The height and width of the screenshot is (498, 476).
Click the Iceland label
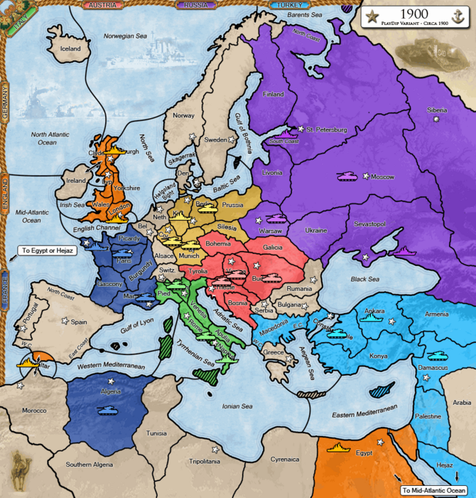coord(70,49)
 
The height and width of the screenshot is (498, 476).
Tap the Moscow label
coord(382,176)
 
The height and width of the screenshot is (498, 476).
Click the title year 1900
coord(414,13)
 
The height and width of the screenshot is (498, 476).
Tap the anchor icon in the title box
coord(459,16)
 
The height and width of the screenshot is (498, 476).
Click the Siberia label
coord(437,110)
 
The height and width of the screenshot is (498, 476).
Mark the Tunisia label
coord(156,433)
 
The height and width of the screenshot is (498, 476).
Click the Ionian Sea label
coord(237,406)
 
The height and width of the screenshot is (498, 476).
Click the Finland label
coord(274,94)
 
